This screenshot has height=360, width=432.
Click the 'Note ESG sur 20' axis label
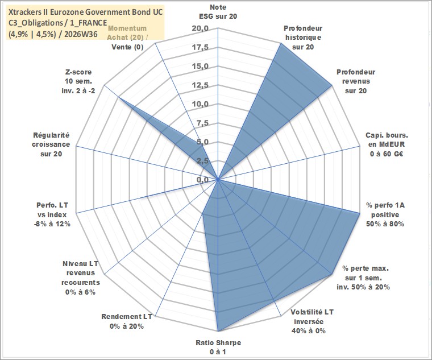click(218, 11)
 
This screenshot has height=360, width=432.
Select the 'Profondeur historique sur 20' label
click(303, 38)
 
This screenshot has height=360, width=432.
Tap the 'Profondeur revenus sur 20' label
click(356, 81)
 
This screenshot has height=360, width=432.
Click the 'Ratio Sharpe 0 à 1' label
click(218, 347)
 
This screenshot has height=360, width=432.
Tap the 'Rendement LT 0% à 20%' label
click(127, 321)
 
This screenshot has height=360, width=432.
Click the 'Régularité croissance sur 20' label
click(51, 144)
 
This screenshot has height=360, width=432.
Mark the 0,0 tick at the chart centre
click(202, 180)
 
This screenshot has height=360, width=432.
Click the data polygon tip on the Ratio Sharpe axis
click(218, 331)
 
